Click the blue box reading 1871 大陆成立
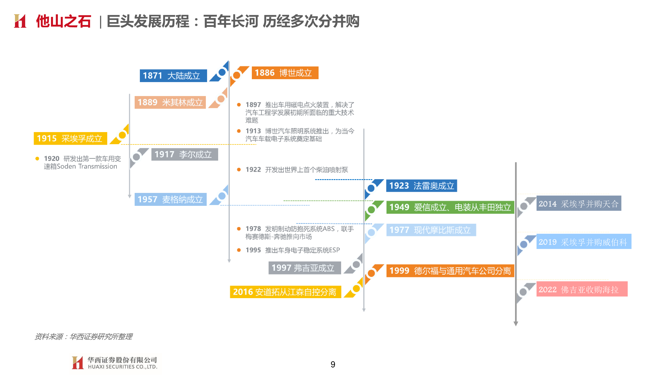[x=173, y=76]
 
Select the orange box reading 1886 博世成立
[x=285, y=73]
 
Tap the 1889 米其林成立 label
[x=170, y=102]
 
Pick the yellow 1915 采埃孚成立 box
[x=70, y=139]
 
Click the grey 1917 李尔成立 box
[x=185, y=154]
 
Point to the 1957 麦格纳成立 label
[x=171, y=199]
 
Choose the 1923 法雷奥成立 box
[x=421, y=186]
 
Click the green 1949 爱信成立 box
[x=450, y=207]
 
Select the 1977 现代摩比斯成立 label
[x=431, y=230]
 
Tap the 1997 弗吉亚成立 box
[x=304, y=267]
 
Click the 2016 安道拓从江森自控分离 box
[x=285, y=292]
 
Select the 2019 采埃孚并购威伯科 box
[x=584, y=241]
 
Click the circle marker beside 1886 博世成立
[x=236, y=75]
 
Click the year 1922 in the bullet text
[x=253, y=170]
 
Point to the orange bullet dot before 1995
[x=239, y=250]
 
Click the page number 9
[x=333, y=364]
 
